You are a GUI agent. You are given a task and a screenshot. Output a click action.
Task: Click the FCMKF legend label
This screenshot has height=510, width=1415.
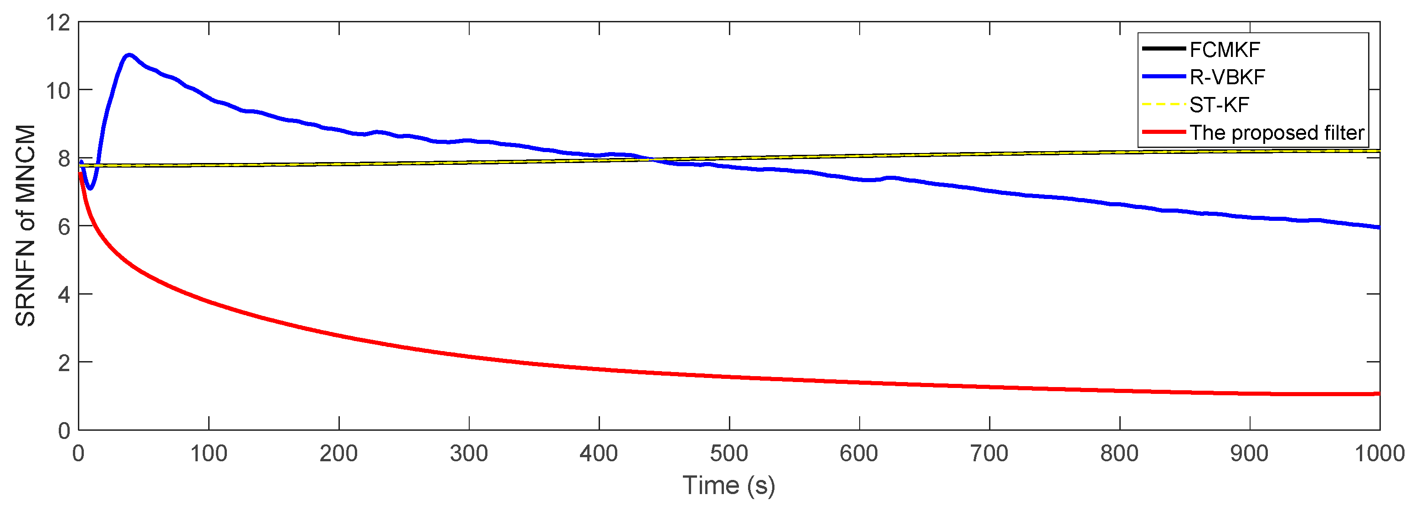coord(1225,50)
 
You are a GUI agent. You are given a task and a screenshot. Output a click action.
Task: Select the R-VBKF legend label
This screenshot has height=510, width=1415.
coord(1227,77)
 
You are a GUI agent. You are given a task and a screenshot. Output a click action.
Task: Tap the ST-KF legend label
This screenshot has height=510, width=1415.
coord(1220,105)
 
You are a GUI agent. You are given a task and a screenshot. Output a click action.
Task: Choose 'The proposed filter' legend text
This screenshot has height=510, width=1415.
coord(1277,133)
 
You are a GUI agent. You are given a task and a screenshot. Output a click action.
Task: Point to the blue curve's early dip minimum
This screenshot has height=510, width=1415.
coord(90,189)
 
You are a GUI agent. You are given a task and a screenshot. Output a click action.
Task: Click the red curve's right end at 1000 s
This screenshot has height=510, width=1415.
coord(1379,393)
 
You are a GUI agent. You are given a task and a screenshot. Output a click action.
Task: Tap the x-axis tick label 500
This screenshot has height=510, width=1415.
coord(729,454)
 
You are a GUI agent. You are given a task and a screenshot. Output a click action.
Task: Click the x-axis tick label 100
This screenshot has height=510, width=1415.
coord(209,454)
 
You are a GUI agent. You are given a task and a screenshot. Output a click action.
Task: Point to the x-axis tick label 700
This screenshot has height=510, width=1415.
coord(989,454)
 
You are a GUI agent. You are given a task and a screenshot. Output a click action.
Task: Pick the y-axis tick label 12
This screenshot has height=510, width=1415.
coord(58,23)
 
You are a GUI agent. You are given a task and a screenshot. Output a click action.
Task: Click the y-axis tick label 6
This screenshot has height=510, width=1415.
coord(64,227)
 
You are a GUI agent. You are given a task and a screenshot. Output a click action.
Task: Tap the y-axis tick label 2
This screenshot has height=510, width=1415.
coord(64,363)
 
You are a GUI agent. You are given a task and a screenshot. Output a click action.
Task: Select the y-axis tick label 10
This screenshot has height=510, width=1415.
coord(58,91)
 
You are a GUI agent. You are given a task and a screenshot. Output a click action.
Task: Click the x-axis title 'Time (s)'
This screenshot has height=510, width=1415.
coord(729,486)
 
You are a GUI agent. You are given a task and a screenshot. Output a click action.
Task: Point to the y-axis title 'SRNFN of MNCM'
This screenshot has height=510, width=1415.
coord(25,226)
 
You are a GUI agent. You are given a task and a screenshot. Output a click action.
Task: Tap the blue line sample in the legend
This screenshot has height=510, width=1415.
coord(1164,77)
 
